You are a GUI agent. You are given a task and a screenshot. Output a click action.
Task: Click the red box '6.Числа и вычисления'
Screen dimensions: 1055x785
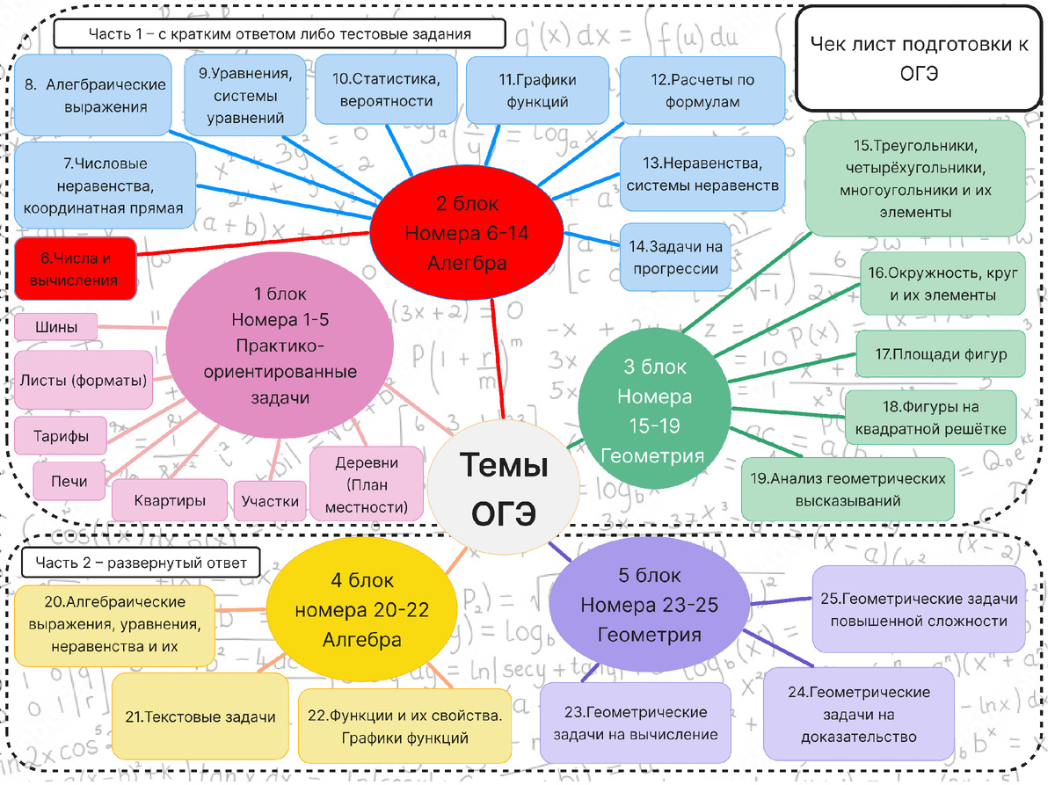point(76,269)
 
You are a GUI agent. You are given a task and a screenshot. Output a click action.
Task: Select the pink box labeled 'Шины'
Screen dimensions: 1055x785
point(56,327)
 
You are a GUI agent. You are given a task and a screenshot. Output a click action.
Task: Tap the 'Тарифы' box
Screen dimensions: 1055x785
point(61,436)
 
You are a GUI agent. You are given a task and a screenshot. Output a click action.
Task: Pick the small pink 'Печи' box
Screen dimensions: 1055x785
point(69,481)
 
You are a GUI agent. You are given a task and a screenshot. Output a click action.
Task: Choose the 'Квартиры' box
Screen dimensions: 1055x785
point(170,500)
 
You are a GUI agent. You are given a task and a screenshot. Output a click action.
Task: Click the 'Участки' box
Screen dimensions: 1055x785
point(270,501)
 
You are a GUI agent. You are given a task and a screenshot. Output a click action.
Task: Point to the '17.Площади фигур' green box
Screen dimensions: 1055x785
point(941,354)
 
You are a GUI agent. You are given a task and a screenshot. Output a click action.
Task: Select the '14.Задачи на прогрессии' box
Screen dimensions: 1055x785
point(675,258)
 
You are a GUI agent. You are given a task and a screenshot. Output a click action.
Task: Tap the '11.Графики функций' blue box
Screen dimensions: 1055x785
point(537,91)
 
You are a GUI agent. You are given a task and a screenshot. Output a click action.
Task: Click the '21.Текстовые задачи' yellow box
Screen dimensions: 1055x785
point(200,716)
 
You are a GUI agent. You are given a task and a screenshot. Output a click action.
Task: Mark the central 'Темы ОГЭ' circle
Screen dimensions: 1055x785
point(503,488)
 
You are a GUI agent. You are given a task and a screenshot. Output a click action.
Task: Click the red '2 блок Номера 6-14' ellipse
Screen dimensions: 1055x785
point(467,233)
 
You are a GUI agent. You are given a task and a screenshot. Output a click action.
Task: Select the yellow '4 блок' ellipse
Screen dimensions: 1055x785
point(362,609)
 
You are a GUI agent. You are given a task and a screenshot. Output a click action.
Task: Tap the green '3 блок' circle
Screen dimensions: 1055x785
point(654,409)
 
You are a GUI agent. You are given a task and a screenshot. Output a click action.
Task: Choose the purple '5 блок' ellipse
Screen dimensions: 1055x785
point(650,605)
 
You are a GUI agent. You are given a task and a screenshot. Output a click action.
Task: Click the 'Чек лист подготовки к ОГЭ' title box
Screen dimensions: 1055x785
point(919,59)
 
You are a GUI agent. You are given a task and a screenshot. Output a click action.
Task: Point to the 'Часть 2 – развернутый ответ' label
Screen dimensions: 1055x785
point(141,563)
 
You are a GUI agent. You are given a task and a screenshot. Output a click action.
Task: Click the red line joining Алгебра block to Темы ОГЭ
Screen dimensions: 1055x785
point(498,360)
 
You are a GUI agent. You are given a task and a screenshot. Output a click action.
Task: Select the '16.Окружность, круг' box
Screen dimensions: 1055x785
point(942,284)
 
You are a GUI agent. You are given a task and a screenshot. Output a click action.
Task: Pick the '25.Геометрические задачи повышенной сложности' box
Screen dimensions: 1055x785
point(919,609)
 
